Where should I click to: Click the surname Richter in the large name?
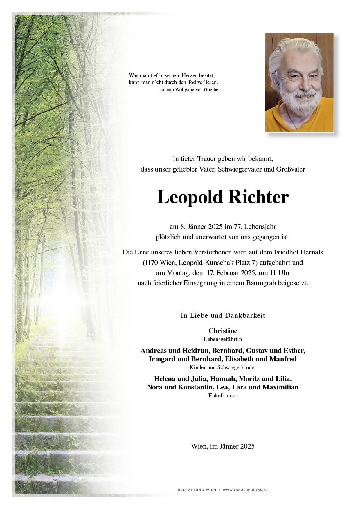pyautogui.click(x=258, y=197)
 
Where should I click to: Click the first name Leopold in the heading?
pyautogui.click(x=190, y=197)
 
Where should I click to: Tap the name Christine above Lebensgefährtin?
pyautogui.click(x=223, y=331)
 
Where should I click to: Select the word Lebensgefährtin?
pyautogui.click(x=223, y=339)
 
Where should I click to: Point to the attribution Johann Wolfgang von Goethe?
pyautogui.click(x=189, y=90)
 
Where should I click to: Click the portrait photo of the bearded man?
pyautogui.click(x=299, y=82)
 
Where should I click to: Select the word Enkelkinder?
pyautogui.click(x=223, y=395)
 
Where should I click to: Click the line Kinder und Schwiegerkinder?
pyautogui.click(x=223, y=367)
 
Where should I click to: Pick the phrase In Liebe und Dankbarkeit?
pyautogui.click(x=223, y=315)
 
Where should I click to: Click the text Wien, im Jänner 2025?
pyautogui.click(x=223, y=446)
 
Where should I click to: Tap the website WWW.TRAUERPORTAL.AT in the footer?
pyautogui.click(x=245, y=490)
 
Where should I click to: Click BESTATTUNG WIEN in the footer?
pyautogui.click(x=197, y=490)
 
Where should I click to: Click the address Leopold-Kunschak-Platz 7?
pyautogui.click(x=218, y=263)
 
